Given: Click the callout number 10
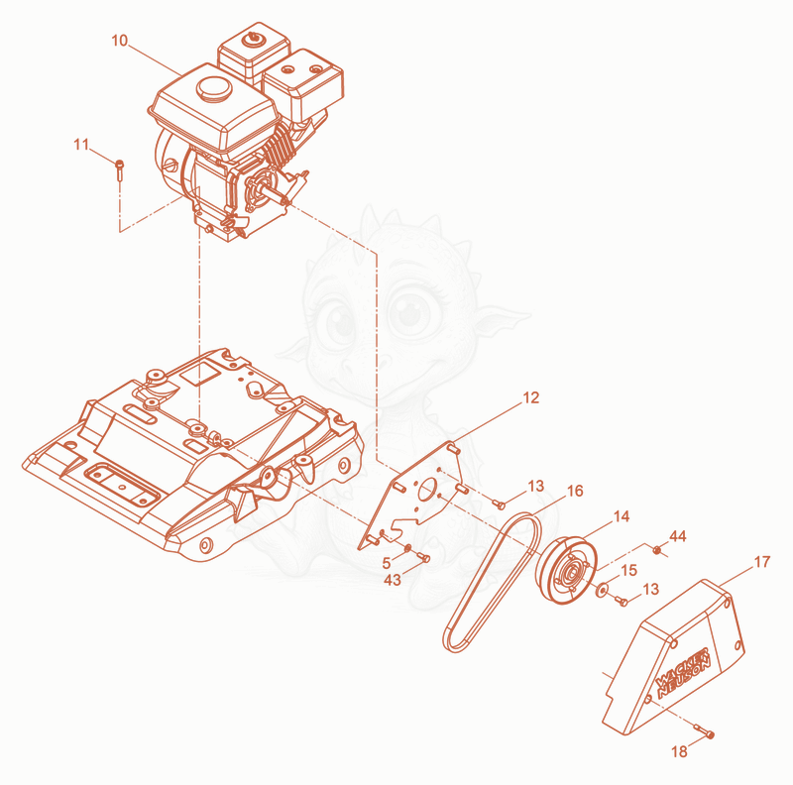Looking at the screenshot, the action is (119, 41).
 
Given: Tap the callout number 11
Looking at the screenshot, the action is (81, 145).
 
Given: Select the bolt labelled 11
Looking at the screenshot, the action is (120, 170).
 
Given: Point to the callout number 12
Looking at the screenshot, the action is (531, 398).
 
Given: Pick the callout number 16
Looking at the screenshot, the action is (575, 491).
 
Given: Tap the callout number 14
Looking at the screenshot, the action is (622, 516).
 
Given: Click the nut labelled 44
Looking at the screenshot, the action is (656, 549).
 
